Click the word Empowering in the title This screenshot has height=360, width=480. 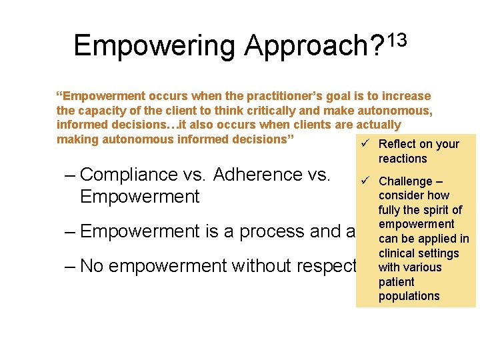pyautogui.click(x=154, y=47)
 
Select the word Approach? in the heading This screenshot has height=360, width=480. pyautogui.click(x=313, y=47)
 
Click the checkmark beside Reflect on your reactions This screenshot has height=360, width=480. pyautogui.click(x=363, y=144)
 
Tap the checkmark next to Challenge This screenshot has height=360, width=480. pyautogui.click(x=363, y=181)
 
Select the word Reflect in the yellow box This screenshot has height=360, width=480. pyautogui.click(x=397, y=144)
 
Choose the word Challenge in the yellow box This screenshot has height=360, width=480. pyautogui.click(x=405, y=181)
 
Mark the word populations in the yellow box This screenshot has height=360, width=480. pyautogui.click(x=409, y=296)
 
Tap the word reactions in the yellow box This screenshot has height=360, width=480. pyautogui.click(x=403, y=159)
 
